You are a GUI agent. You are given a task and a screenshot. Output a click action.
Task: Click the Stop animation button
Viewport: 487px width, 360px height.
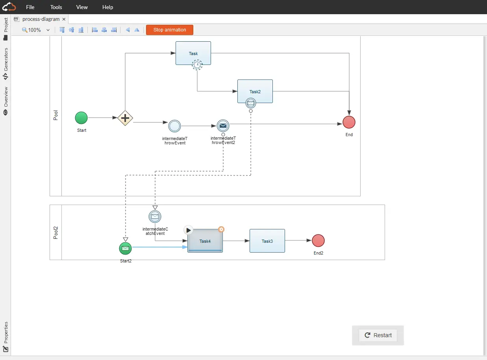[x=170, y=30]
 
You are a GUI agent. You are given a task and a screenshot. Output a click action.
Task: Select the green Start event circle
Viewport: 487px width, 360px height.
[x=81, y=118]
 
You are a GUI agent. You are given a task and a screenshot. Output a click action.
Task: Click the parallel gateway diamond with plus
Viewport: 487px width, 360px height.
[x=125, y=118]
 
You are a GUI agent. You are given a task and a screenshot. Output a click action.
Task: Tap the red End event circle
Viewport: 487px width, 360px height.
[x=349, y=122]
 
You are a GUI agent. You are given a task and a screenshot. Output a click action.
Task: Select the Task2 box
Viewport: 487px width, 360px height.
[x=255, y=91]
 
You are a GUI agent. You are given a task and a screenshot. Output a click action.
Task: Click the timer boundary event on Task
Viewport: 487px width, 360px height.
[x=197, y=65]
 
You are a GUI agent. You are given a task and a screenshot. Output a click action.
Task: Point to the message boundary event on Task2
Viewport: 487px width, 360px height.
[x=250, y=103]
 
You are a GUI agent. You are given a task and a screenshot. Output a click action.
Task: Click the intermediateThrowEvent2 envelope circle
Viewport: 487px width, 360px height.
[x=223, y=126]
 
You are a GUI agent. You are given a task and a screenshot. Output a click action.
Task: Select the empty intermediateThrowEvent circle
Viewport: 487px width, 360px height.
[x=174, y=126]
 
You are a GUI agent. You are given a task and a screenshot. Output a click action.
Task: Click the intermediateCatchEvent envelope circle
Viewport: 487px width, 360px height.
[x=155, y=217]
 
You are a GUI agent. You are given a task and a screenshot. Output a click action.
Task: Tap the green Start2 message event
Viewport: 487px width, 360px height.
[x=125, y=249]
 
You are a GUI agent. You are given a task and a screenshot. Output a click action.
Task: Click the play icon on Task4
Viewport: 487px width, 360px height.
[x=188, y=230]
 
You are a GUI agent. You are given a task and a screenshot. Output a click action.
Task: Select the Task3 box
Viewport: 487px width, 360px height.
[x=267, y=241]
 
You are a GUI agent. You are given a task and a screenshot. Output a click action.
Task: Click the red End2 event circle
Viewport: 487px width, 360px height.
[x=318, y=240]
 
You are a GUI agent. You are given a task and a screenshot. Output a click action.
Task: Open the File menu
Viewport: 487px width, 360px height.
[x=30, y=7]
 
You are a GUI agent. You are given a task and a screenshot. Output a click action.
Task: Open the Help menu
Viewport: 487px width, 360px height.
[x=107, y=7]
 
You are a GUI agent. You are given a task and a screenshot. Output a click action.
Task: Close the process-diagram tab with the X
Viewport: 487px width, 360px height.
[x=64, y=19]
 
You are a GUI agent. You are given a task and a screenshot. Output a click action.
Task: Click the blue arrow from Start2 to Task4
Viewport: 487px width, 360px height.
[x=160, y=247]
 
